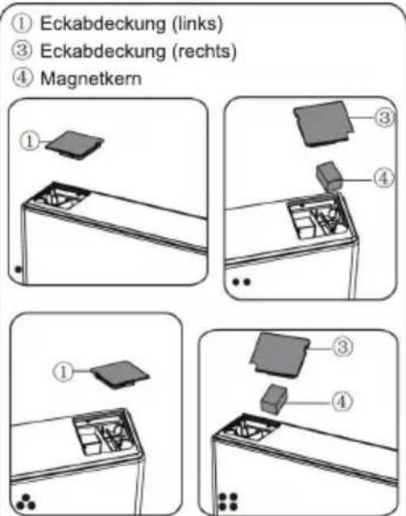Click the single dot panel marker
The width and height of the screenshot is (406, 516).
18,270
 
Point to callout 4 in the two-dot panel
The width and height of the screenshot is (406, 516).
383,178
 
